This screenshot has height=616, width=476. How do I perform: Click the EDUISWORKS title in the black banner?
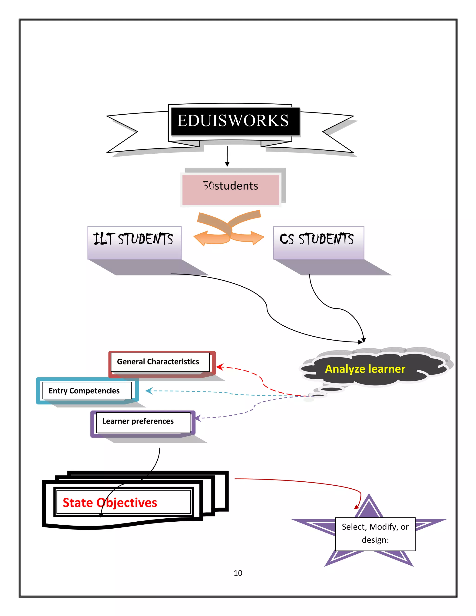pos(233,121)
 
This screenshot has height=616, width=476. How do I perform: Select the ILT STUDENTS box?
pos(134,242)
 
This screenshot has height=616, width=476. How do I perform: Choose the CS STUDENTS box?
pos(318,242)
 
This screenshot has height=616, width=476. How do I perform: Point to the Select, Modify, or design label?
pos(375,533)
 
